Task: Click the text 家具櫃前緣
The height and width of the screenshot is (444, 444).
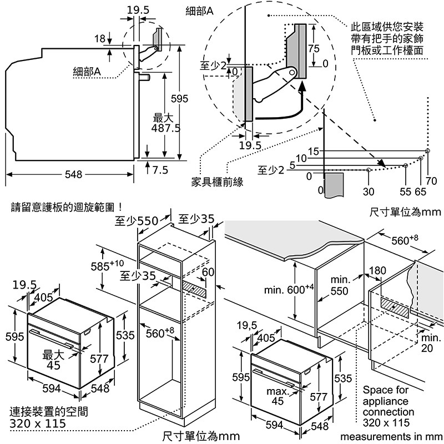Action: click(x=217, y=181)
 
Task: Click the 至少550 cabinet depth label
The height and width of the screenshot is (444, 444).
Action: click(x=137, y=221)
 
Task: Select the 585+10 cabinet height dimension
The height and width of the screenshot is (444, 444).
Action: click(x=107, y=265)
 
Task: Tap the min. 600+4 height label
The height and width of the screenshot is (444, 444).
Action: click(x=289, y=290)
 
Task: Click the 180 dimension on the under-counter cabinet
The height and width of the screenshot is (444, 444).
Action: click(x=377, y=271)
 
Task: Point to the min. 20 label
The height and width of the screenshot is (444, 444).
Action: click(x=431, y=343)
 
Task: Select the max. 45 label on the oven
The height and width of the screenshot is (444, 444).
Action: click(x=277, y=396)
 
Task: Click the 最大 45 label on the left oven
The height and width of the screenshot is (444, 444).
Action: click(x=53, y=360)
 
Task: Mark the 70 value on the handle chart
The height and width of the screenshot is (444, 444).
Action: click(x=432, y=181)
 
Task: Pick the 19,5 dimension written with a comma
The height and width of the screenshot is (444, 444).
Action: click(x=246, y=325)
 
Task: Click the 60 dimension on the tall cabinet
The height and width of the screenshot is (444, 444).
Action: click(x=208, y=271)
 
